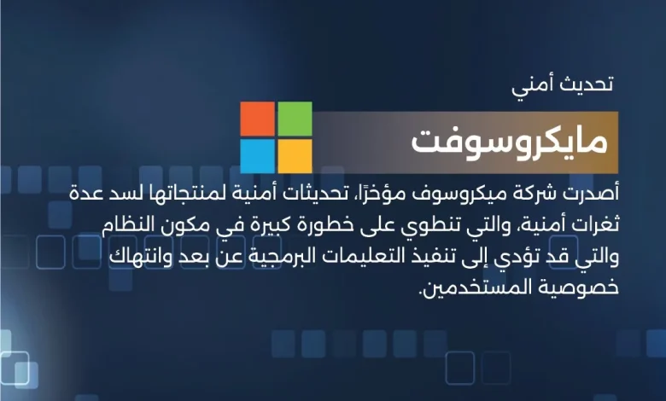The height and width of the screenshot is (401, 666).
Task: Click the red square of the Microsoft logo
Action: [x=257, y=119]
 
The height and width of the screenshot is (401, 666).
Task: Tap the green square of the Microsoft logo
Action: [x=295, y=119]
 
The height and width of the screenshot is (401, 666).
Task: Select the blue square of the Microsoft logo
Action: [x=257, y=156]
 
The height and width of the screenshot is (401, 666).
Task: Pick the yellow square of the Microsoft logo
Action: [x=295, y=156]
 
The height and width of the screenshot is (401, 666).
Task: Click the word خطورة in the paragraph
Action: [x=323, y=225]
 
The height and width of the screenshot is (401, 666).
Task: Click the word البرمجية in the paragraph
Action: [x=260, y=257]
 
